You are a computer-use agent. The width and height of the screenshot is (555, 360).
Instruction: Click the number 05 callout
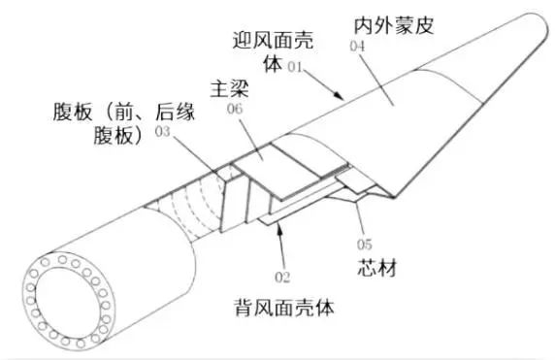tap(365, 245)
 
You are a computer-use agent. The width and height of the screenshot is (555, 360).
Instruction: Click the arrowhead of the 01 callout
tap(343, 99)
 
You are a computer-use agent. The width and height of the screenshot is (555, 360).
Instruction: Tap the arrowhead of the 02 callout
tap(277, 228)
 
